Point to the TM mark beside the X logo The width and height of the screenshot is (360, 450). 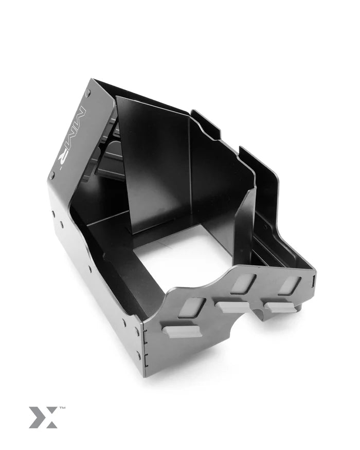62,408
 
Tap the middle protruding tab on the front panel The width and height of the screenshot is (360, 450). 231,307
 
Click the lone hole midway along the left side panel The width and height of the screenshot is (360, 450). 89,267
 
